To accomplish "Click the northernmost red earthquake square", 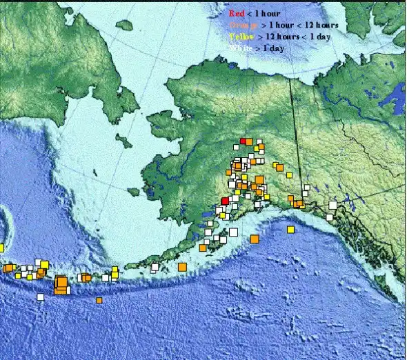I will tap(242, 141).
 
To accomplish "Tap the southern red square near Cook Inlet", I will tap(224, 201).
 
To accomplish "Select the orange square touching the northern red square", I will tap(249, 141).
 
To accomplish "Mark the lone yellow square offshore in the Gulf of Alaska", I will tap(290, 229).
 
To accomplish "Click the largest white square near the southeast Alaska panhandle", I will tap(332, 205).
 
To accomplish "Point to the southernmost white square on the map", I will tap(41, 297).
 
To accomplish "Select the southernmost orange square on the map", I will tap(99, 300).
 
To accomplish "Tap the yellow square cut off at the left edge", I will tap(1, 248).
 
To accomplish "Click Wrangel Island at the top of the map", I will tap(124, 25).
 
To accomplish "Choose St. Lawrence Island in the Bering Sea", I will tap(124, 141).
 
